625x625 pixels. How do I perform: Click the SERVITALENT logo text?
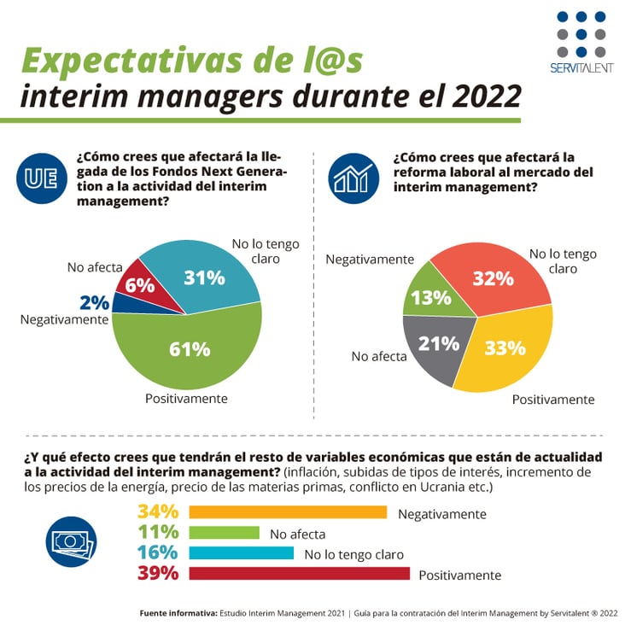click(x=581, y=68)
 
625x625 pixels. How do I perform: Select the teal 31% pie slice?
click(x=209, y=273)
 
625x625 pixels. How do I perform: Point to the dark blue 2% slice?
click(x=122, y=303)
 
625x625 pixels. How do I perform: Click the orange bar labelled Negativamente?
click(x=288, y=512)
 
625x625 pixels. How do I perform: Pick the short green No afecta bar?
click(x=224, y=533)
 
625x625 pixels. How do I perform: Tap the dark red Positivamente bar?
click(x=299, y=574)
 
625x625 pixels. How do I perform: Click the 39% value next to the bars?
click(x=158, y=574)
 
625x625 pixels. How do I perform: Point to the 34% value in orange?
click(x=158, y=512)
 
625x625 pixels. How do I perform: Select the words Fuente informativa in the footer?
click(x=178, y=612)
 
